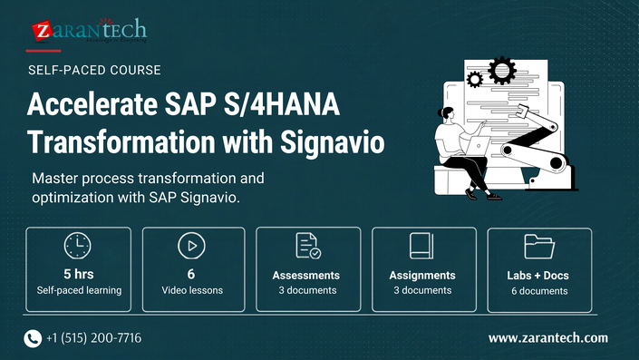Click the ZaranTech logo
coord(89,30)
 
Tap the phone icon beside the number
coord(33,338)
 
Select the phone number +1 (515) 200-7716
coord(93,338)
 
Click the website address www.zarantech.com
coord(548,338)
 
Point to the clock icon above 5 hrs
coord(77,246)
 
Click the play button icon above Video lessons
coord(191,246)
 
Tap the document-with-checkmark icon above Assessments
coord(308,246)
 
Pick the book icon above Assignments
coord(421,246)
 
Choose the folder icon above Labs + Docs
coord(539,247)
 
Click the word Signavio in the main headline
coord(332,142)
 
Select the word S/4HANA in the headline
coord(281,104)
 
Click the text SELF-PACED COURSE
coord(94,70)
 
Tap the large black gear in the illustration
coord(502,70)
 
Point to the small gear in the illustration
coord(474,79)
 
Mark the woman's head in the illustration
coord(446,113)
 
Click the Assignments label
coord(422,276)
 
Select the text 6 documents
coord(539,291)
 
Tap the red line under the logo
coord(44,51)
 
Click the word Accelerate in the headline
coord(92,104)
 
